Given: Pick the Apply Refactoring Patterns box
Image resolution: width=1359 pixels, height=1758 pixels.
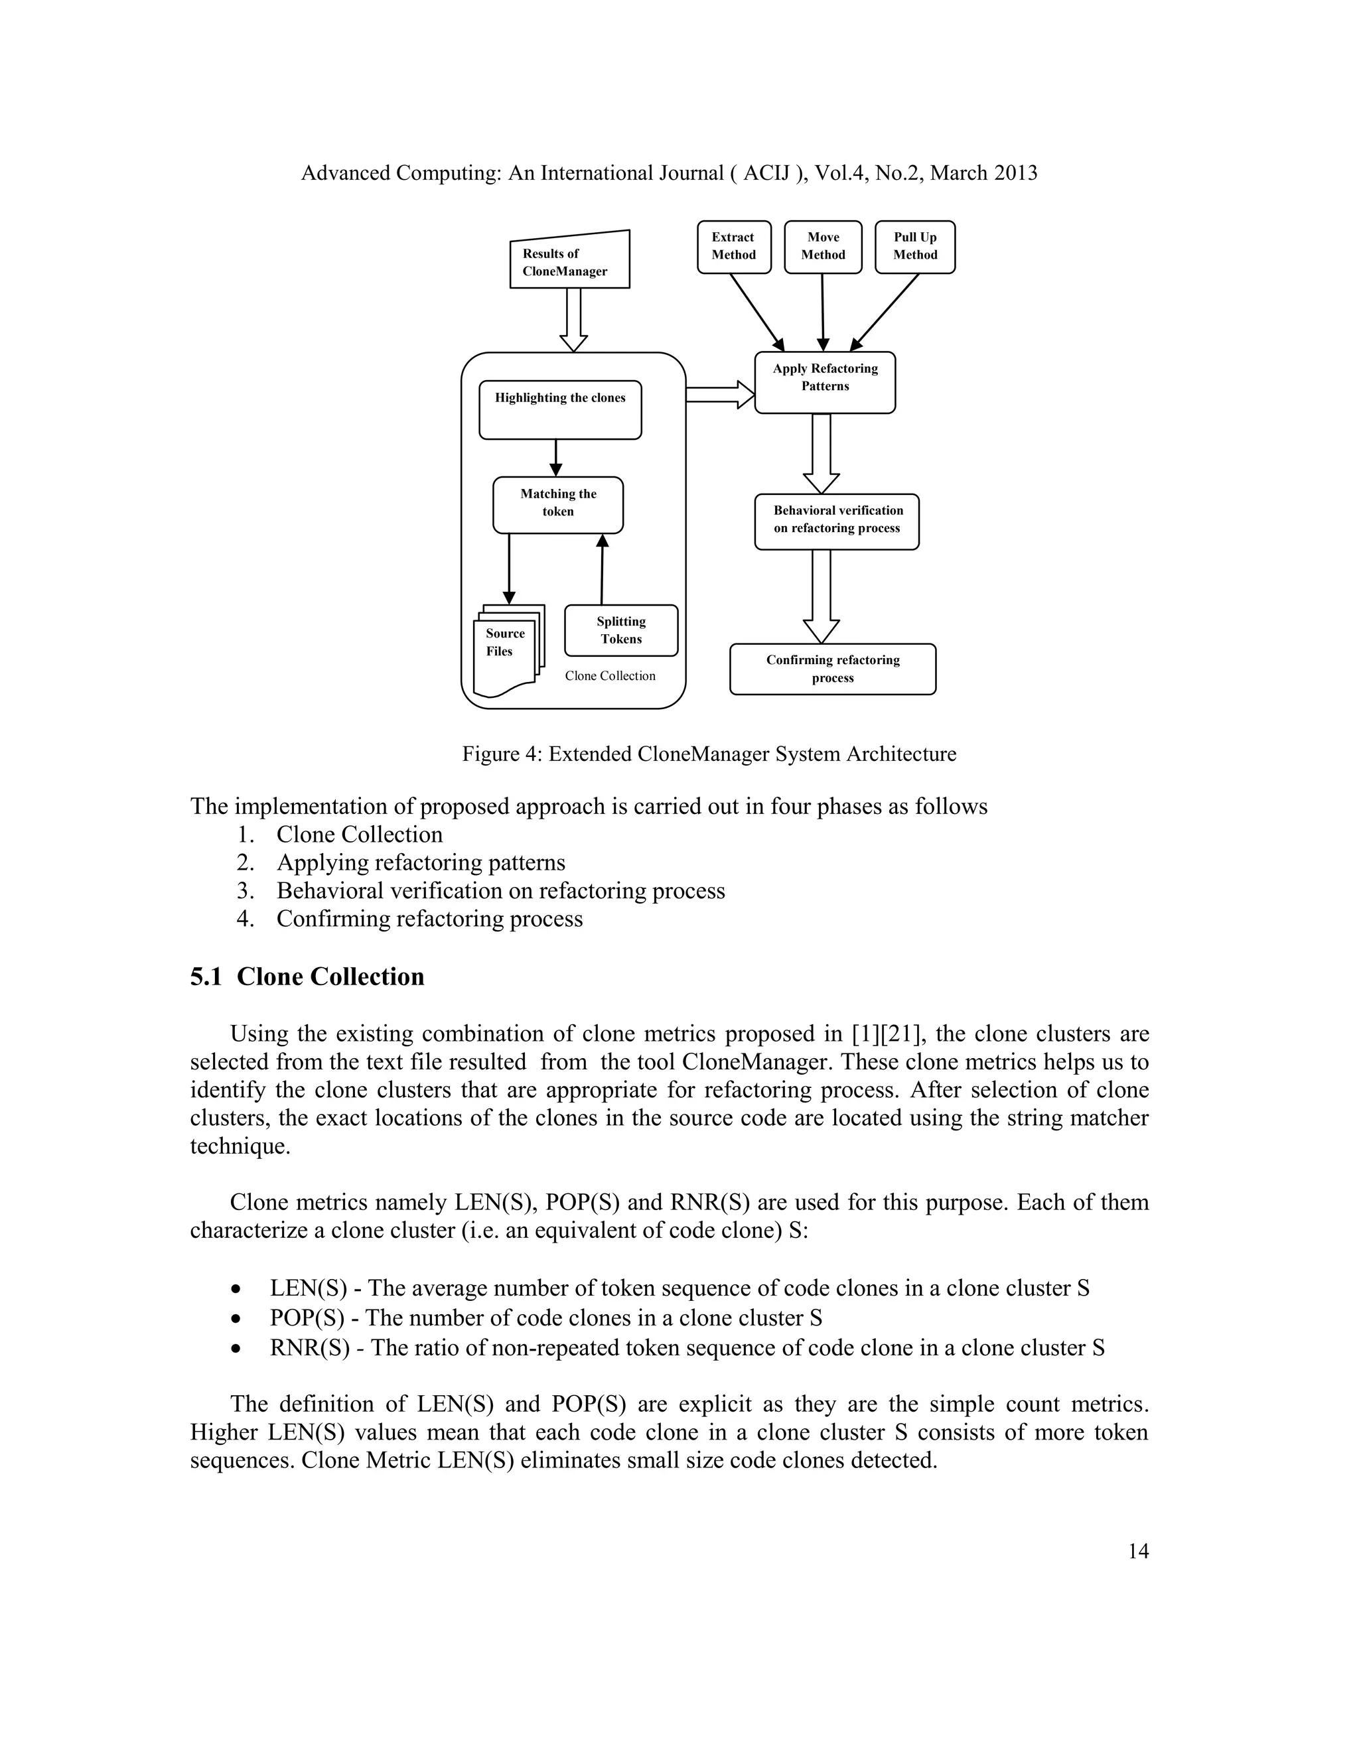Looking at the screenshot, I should click(824, 382).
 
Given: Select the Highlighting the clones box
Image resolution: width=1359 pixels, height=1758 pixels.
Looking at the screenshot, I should click(559, 410).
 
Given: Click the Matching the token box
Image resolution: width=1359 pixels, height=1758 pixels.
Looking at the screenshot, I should click(558, 505).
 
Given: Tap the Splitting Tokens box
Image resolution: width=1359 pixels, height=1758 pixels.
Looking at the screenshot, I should click(620, 630).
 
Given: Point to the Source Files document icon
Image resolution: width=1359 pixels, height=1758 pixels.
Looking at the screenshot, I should click(506, 650).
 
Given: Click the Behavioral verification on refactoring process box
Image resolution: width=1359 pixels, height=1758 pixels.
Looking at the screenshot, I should click(837, 521).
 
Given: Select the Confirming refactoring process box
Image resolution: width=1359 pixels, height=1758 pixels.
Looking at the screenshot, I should click(833, 669).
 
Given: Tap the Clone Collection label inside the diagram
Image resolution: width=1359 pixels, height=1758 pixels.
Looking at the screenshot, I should click(609, 676).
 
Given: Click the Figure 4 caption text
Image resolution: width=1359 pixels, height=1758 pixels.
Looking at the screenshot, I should click(709, 754).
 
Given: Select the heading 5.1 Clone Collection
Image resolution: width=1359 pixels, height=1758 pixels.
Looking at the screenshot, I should click(307, 977).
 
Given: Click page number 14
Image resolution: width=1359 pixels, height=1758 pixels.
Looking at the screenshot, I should click(1137, 1551).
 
